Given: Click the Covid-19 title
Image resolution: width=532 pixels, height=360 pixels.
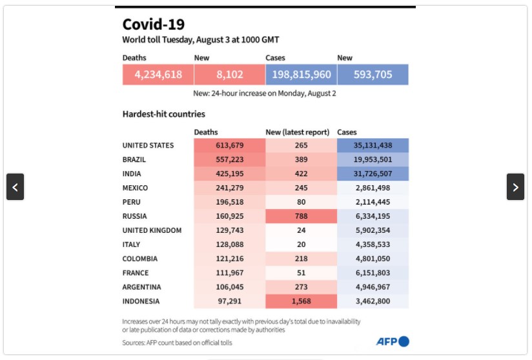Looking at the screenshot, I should click(x=154, y=25).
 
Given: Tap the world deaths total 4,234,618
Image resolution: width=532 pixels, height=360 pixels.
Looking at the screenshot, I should click(x=158, y=75).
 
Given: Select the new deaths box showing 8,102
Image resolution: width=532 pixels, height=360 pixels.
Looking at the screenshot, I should click(x=230, y=75).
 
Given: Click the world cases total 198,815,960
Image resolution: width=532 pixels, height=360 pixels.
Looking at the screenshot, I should click(x=302, y=75).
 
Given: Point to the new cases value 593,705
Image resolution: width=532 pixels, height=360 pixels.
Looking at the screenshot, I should click(x=373, y=75).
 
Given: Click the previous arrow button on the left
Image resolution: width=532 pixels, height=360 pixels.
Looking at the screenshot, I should click(x=15, y=187).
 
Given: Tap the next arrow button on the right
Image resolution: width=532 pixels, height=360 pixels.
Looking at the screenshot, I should click(x=515, y=187).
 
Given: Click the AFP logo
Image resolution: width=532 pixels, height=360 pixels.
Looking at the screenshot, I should click(x=393, y=341).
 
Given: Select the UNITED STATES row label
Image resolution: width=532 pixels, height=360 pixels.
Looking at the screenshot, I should click(x=148, y=145).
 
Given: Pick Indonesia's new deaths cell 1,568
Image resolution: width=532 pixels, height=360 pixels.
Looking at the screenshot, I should click(x=301, y=301).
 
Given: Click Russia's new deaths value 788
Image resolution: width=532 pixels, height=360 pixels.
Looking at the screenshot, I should click(x=301, y=216).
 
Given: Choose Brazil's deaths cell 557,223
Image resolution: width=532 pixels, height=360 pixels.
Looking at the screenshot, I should click(x=229, y=159).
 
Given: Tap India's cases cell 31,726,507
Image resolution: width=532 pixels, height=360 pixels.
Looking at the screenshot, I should click(x=373, y=174).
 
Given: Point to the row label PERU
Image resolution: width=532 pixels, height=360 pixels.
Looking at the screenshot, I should click(x=132, y=202).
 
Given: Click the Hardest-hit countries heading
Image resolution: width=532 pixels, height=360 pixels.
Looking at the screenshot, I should click(x=164, y=114).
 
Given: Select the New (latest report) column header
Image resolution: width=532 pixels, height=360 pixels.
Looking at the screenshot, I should click(x=298, y=132).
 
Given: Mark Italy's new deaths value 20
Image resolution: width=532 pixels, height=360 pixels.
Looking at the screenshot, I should click(x=301, y=245).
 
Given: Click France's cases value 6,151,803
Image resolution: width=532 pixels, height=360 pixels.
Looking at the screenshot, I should click(x=373, y=273).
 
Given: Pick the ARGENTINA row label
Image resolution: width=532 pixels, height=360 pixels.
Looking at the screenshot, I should click(x=142, y=287).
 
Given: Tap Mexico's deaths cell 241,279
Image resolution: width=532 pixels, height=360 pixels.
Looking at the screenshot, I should click(x=229, y=188).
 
